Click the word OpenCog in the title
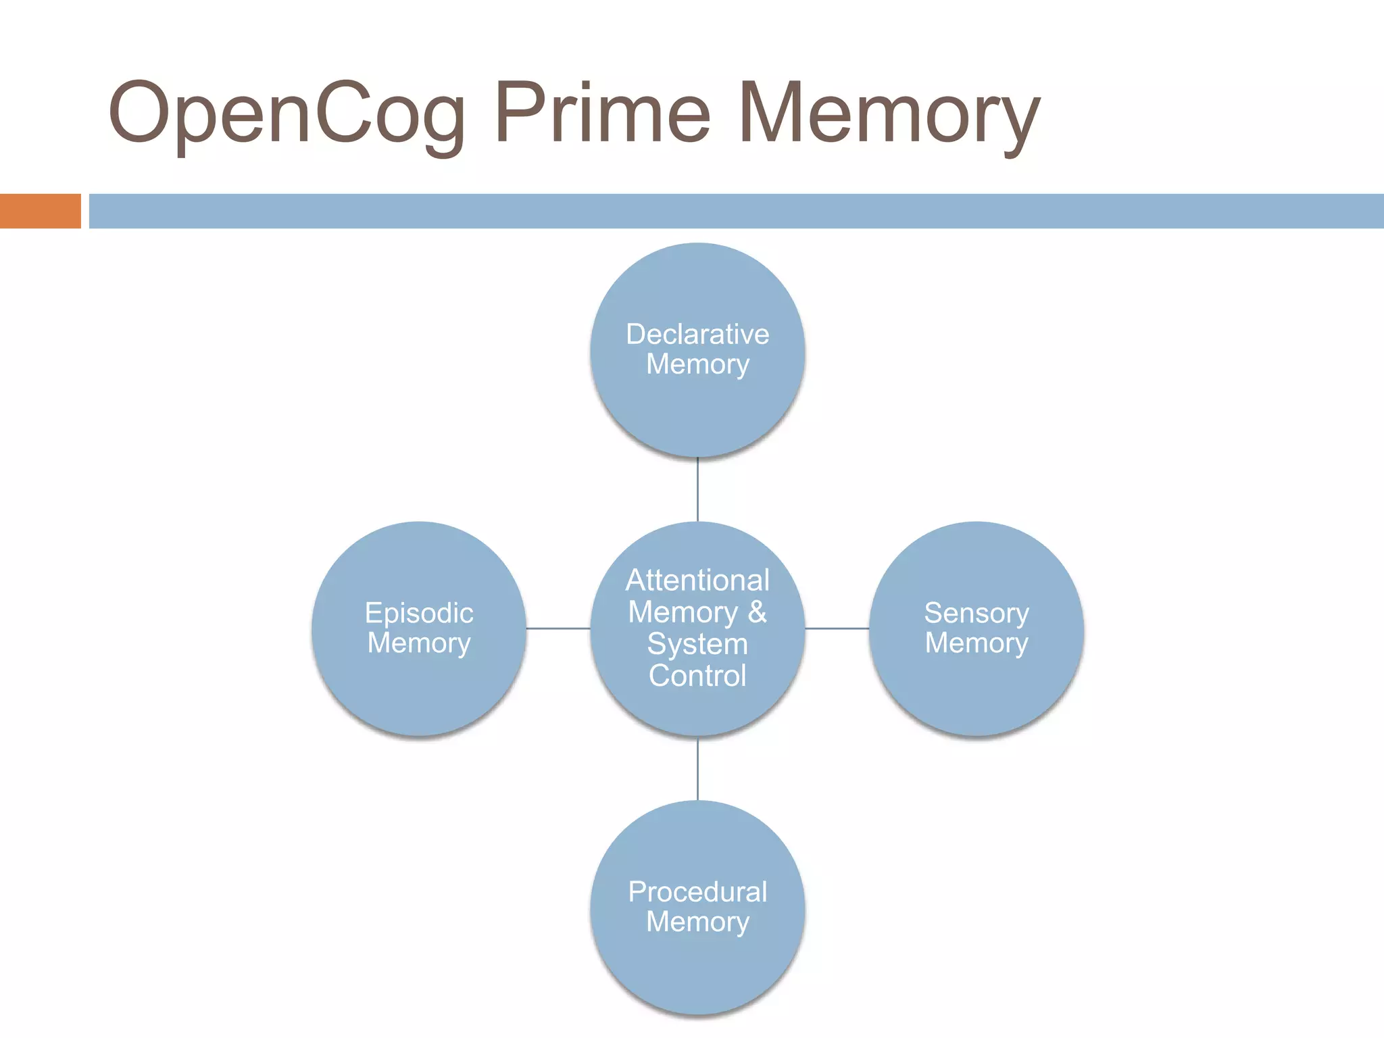[x=287, y=114]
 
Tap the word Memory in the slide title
[x=889, y=114]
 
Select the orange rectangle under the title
[x=40, y=211]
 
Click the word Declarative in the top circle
[x=697, y=335]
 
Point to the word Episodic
[x=419, y=613]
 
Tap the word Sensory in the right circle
[x=977, y=613]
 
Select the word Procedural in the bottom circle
[x=697, y=892]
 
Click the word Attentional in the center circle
[x=697, y=580]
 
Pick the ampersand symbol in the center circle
[x=758, y=612]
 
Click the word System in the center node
[x=697, y=644]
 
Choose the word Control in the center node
[x=697, y=676]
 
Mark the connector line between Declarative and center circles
[x=697, y=490]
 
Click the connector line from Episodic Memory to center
[x=558, y=628]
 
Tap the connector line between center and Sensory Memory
[x=837, y=628]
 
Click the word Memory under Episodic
[x=419, y=643]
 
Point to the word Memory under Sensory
[x=977, y=643]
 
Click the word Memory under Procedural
[x=697, y=922]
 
